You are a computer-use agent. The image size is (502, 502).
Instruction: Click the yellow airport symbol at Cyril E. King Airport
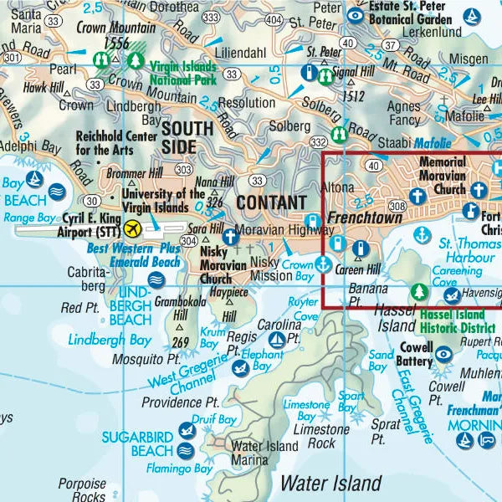131,228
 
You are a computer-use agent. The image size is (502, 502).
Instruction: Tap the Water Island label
330,483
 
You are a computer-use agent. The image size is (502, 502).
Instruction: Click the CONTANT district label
271,202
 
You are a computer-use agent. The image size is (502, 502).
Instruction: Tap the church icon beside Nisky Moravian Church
230,237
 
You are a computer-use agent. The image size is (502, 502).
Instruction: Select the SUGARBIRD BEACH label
138,444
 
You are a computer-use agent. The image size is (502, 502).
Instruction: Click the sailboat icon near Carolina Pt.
276,340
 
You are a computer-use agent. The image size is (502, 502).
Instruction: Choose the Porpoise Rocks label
81,490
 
